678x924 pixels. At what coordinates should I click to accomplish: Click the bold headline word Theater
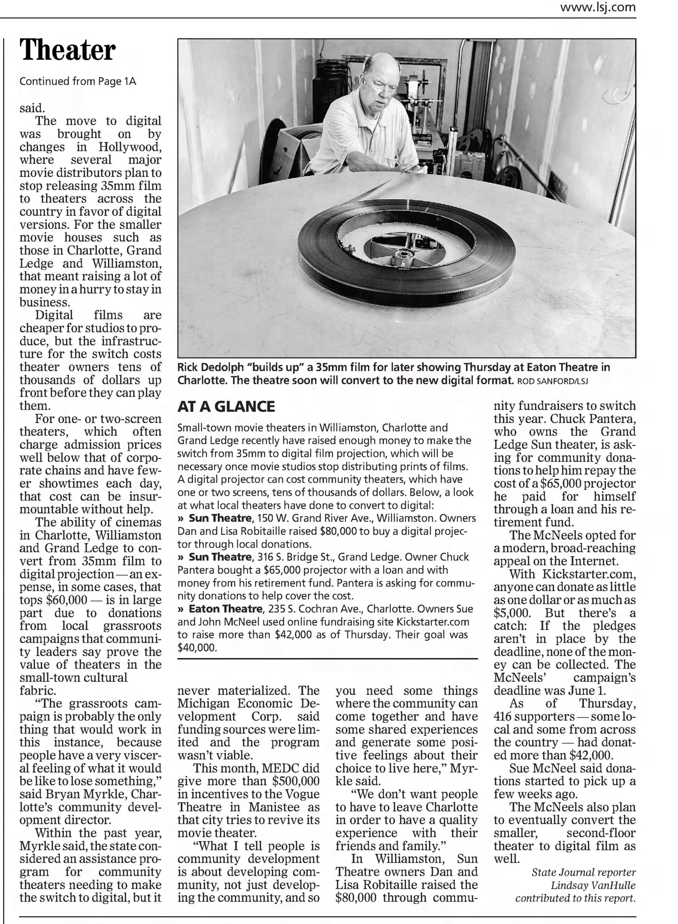coord(68,50)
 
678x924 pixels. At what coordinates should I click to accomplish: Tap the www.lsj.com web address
coord(598,7)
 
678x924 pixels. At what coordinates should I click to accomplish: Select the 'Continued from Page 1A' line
coord(78,81)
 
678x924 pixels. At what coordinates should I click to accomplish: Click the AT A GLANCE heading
coord(226,406)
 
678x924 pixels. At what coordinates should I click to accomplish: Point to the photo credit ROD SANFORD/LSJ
coord(552,381)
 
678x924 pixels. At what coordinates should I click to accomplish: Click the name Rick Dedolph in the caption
coord(211,367)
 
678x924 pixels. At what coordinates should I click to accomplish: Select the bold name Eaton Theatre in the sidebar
coord(225,609)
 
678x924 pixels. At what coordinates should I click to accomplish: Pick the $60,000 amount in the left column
coord(67,600)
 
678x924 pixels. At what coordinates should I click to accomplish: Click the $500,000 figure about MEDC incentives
coord(295,781)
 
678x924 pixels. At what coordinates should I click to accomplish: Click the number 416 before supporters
coord(503,716)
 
